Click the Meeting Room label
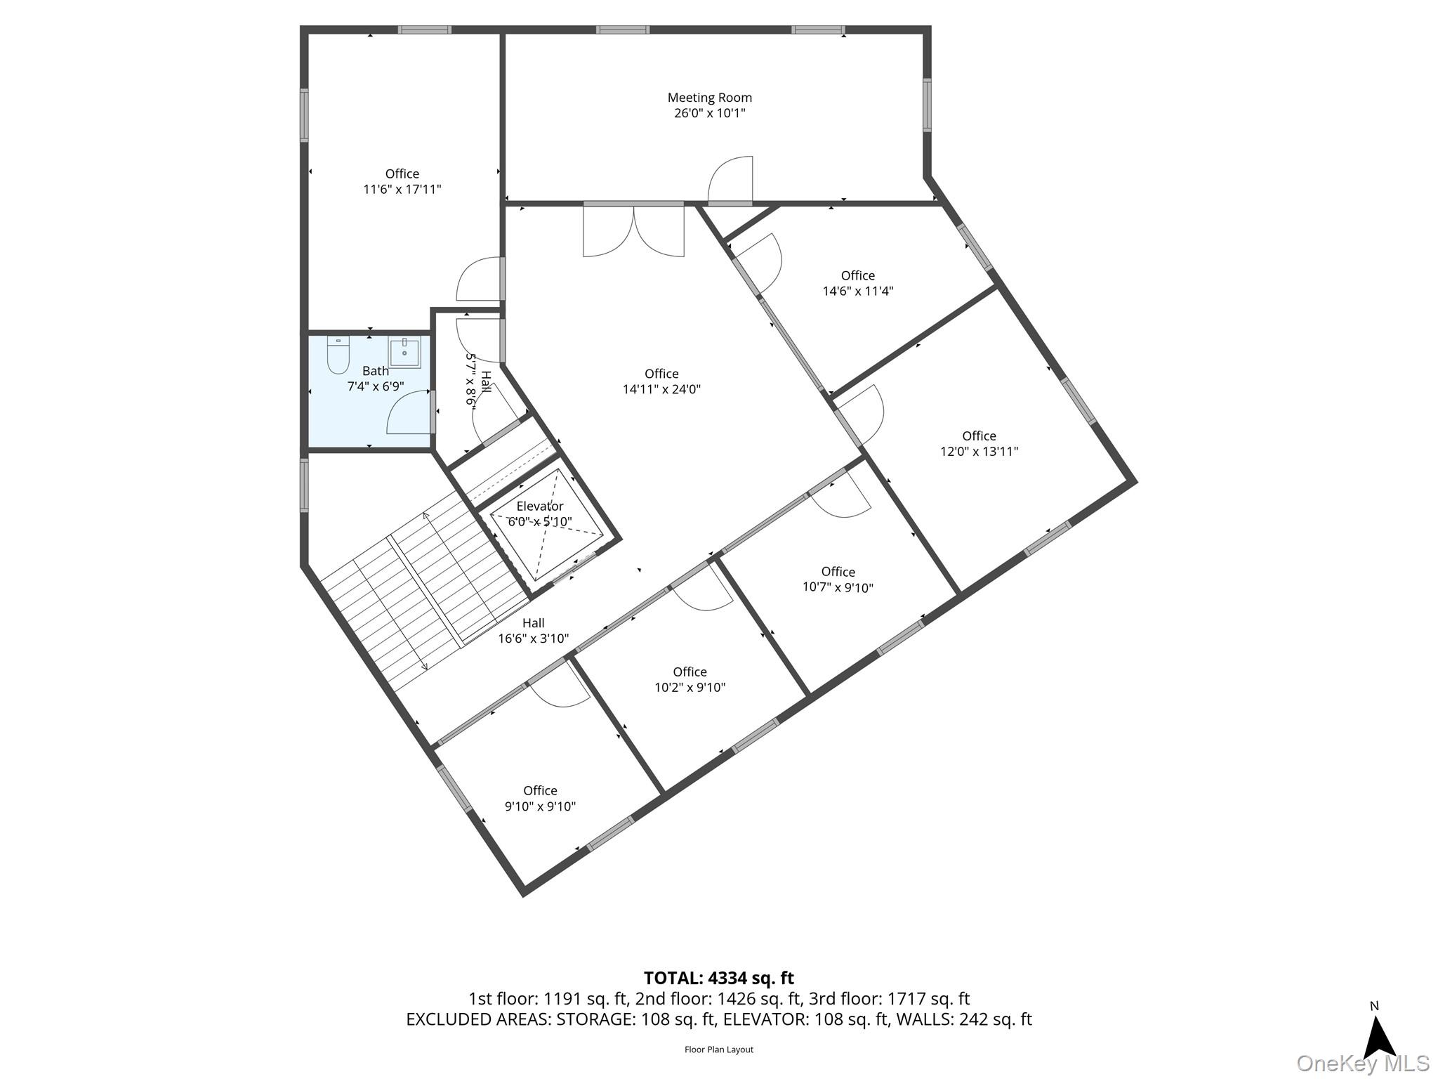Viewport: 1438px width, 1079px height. pyautogui.click(x=709, y=98)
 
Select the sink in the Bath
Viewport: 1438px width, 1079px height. pyautogui.click(x=405, y=353)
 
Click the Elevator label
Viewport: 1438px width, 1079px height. pyautogui.click(x=540, y=506)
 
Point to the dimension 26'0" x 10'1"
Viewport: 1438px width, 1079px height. pyautogui.click(x=709, y=113)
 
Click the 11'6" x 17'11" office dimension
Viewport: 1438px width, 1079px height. pyautogui.click(x=402, y=189)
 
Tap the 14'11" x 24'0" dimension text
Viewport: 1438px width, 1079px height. pyautogui.click(x=661, y=389)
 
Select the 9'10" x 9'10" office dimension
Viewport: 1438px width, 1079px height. pyautogui.click(x=540, y=806)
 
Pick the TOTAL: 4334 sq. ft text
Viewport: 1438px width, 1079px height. pyautogui.click(x=719, y=978)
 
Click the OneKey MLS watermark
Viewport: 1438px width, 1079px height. pyautogui.click(x=1363, y=1063)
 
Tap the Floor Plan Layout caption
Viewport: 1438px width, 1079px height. pyautogui.click(x=719, y=1049)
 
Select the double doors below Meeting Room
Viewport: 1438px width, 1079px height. pyautogui.click(x=633, y=230)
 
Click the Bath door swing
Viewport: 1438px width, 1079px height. pyautogui.click(x=409, y=412)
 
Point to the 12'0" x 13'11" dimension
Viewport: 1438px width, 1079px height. pyautogui.click(x=979, y=452)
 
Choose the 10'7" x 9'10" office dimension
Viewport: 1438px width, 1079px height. pyautogui.click(x=838, y=587)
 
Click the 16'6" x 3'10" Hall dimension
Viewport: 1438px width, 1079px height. pyautogui.click(x=534, y=639)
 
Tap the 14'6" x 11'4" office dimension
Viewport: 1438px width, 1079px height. pyautogui.click(x=858, y=291)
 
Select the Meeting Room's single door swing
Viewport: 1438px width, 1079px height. pyautogui.click(x=730, y=180)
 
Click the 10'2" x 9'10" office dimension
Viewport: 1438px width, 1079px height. pyautogui.click(x=690, y=688)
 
